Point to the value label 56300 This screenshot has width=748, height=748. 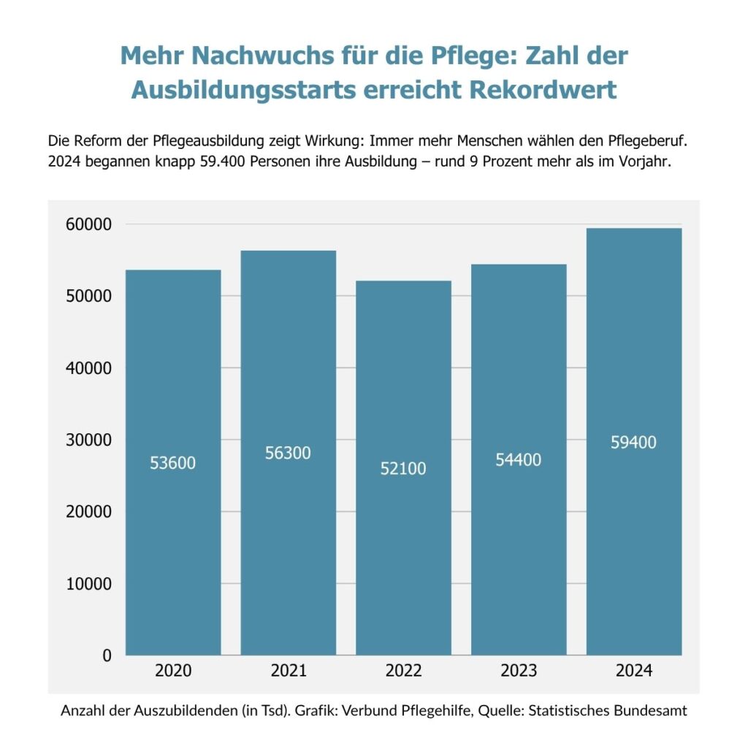(288, 453)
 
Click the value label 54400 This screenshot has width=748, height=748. (518, 459)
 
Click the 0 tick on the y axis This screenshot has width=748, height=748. (107, 656)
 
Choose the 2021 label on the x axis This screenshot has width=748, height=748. (288, 671)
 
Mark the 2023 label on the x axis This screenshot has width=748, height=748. (518, 671)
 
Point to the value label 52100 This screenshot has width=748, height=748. (403, 469)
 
